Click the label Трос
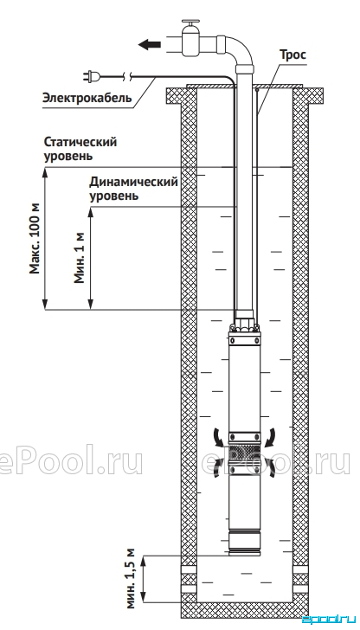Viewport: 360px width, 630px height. (292, 55)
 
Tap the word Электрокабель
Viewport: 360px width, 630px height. (87, 98)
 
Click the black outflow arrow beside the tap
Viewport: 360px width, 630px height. (150, 45)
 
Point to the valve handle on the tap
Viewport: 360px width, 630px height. (190, 22)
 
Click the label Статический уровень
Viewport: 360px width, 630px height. (80, 149)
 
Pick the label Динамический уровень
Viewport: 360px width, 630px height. (133, 189)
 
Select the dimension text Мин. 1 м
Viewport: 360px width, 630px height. (80, 258)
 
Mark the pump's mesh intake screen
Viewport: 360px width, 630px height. (245, 454)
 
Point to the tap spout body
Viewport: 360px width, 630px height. (190, 42)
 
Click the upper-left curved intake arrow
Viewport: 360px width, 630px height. (217, 437)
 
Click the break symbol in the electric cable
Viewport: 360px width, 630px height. (127, 75)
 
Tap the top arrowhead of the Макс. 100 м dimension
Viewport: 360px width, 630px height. (45, 171)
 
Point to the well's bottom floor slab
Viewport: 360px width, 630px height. (245, 609)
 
